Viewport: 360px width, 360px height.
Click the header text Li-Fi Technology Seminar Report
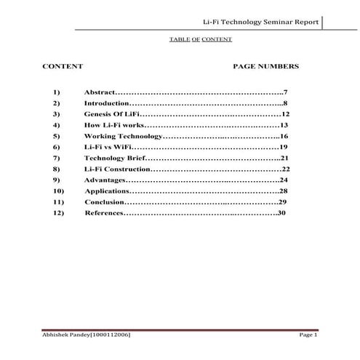pos(261,22)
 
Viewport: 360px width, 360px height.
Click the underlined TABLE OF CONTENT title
pos(200,39)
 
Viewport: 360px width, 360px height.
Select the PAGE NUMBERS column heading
pos(265,66)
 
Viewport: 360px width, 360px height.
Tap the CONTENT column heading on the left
pos(63,66)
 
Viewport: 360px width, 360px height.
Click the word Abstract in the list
pos(99,94)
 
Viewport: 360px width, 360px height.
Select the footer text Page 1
pos(308,334)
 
